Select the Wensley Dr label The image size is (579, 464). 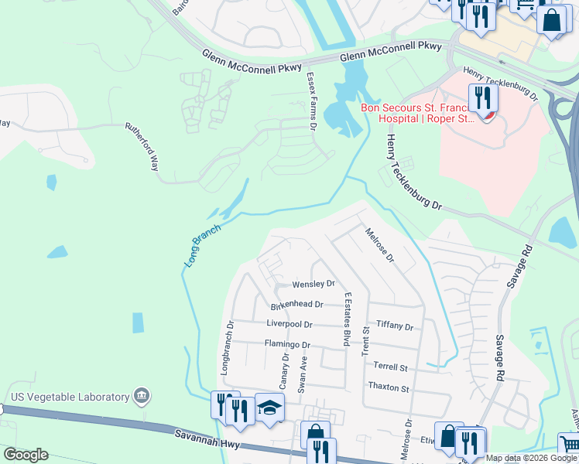pos(313,285)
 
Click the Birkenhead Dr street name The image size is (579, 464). pos(296,305)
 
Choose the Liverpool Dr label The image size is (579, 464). pos(289,325)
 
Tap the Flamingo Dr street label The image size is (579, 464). pos(287,345)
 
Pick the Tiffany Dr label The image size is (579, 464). pos(394,326)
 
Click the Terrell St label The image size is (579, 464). pos(389,367)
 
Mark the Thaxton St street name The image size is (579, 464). pos(389,387)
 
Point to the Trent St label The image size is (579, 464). pos(365,341)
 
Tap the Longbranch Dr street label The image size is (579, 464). pos(227,349)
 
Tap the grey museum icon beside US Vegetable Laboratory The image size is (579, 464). pos(141,397)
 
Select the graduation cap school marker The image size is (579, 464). pos(269,407)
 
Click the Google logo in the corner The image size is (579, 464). pos(26,455)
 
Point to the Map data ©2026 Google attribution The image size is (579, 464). pos(531,458)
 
